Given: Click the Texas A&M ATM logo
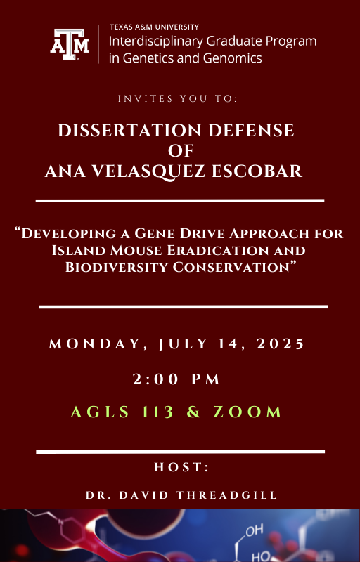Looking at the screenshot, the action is click(69, 44).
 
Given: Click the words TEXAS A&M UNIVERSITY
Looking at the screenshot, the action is click(154, 27).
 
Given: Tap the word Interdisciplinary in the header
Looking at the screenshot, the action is click(156, 41).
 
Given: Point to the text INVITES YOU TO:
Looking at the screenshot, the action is click(177, 98).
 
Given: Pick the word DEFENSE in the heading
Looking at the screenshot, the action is click(251, 130).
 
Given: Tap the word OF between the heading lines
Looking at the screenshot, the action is click(181, 150).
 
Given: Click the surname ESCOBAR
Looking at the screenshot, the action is click(257, 171).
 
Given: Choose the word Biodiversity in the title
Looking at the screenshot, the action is click(116, 267).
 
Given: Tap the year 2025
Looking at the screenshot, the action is click(281, 344).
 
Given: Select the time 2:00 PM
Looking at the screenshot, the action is click(176, 379).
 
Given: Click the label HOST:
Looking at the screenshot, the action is click(181, 467).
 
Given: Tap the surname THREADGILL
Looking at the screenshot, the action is click(227, 495).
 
